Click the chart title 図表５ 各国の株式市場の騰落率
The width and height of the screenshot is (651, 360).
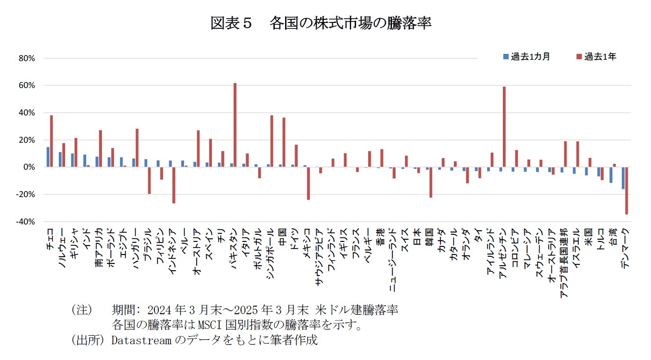click(x=321, y=23)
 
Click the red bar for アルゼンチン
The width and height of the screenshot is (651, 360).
click(x=504, y=127)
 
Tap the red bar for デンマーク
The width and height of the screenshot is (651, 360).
click(x=626, y=190)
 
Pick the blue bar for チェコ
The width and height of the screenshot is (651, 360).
click(x=48, y=157)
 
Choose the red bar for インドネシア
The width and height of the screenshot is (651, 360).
click(x=174, y=185)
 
